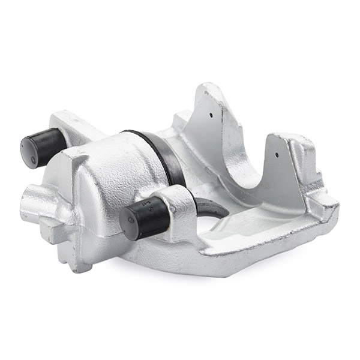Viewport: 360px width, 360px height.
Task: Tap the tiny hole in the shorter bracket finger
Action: (277, 154)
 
